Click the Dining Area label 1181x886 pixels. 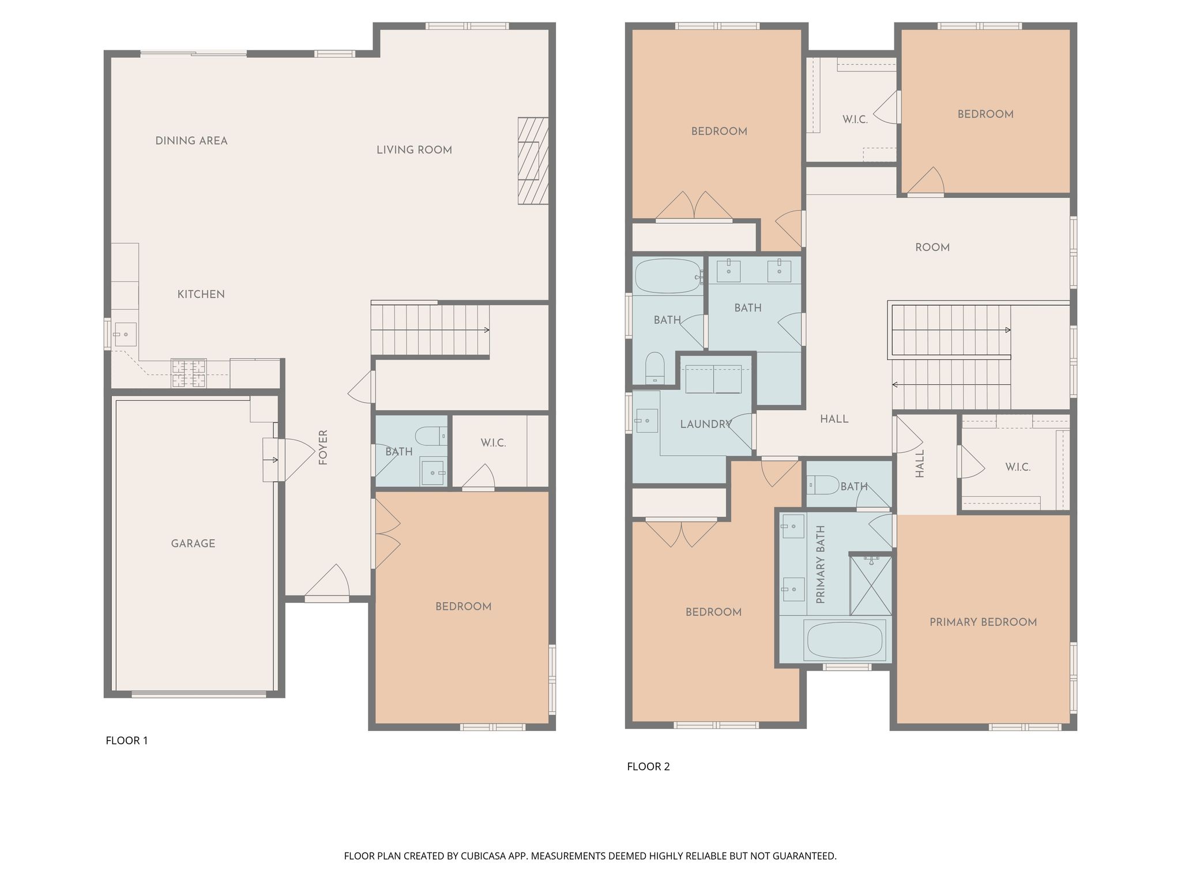coord(191,141)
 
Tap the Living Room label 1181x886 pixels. coord(414,150)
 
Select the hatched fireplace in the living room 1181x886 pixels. coord(533,160)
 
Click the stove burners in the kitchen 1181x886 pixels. coord(189,373)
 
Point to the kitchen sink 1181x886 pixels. coord(125,335)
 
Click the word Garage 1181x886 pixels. coord(193,543)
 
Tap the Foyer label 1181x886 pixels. coord(323,447)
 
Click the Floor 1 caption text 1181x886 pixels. coord(127,741)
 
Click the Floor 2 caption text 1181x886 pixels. coord(648,767)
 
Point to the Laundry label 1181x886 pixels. coord(706,425)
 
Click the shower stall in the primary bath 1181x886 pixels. coord(871,585)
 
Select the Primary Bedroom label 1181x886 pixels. coord(983,622)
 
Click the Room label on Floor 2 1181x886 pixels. coord(932,247)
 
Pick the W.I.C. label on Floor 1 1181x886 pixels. coord(493,443)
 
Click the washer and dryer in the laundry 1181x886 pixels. coord(713,379)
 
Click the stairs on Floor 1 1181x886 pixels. coord(430,330)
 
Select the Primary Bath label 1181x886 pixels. coord(821,565)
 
